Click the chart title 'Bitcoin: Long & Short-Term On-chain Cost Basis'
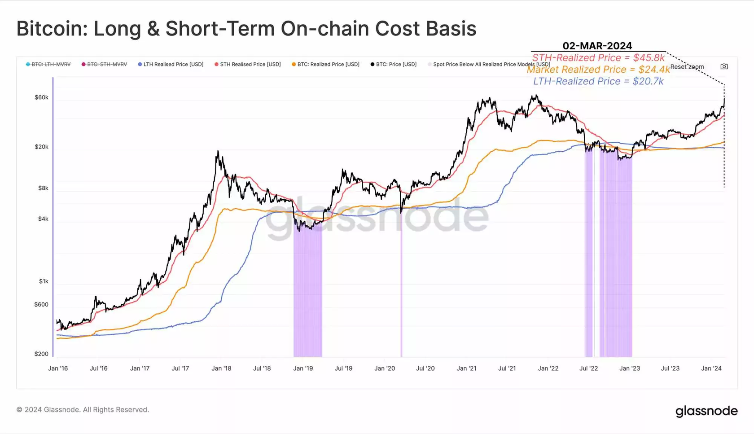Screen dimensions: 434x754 [246, 28]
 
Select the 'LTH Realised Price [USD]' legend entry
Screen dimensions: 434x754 [173, 64]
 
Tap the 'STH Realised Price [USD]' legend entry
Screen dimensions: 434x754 [250, 64]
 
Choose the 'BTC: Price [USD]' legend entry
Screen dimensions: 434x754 [396, 64]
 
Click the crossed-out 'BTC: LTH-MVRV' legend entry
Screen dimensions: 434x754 [51, 64]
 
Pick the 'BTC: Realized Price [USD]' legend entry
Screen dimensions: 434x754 [328, 64]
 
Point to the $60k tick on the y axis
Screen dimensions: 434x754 [41, 97]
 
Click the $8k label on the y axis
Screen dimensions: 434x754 [43, 188]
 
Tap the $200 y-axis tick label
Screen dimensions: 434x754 [41, 354]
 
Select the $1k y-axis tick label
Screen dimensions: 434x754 [44, 281]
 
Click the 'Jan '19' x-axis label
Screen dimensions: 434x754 [303, 368]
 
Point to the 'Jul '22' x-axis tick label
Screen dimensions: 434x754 [588, 368]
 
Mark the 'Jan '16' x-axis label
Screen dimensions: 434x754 [58, 368]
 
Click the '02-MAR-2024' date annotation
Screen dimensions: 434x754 [597, 46]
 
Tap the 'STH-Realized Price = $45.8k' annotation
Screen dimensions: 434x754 [598, 57]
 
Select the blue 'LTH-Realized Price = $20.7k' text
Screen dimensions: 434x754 [598, 81]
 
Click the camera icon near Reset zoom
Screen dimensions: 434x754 [724, 66]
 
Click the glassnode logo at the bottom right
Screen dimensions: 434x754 [706, 411]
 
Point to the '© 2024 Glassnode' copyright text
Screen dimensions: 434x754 [83, 410]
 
